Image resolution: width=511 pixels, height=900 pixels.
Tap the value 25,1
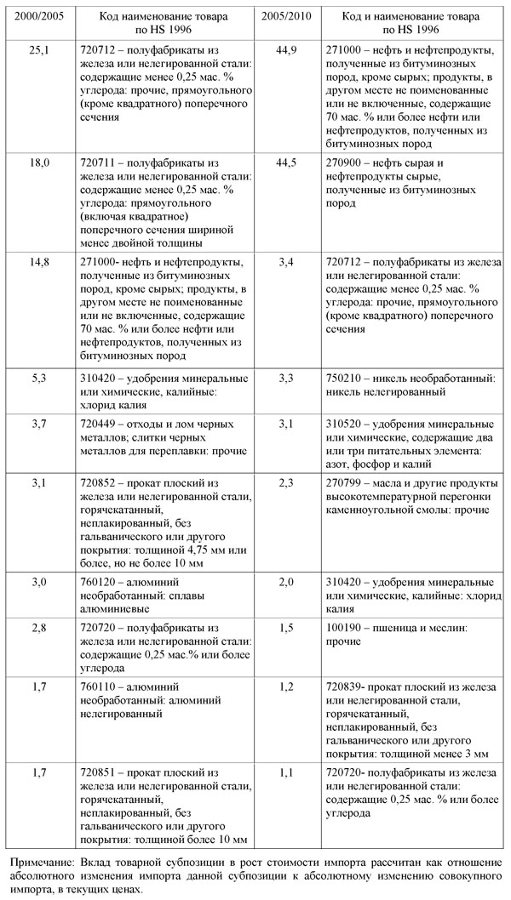(x=40, y=50)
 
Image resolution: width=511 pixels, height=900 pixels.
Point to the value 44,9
(x=286, y=50)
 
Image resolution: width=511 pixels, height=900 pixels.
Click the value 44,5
(x=286, y=162)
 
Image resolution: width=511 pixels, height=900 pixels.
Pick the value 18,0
(x=40, y=162)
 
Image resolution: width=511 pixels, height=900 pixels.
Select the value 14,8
(x=40, y=261)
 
